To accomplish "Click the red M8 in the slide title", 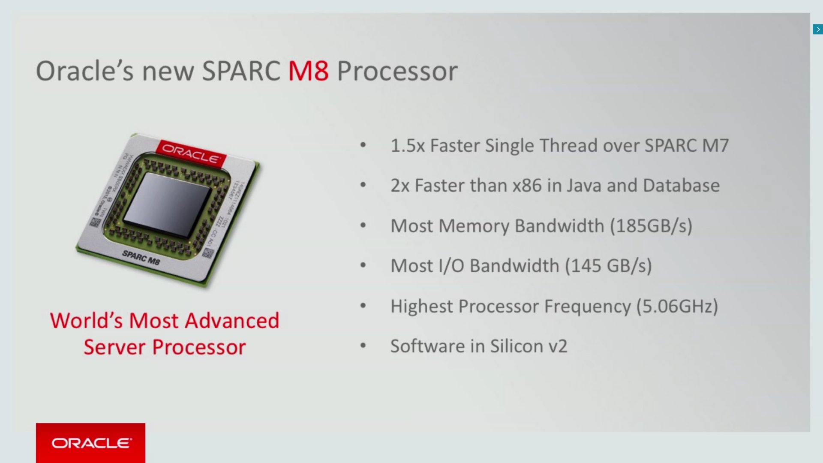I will tap(308, 71).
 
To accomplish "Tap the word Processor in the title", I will tap(397, 71).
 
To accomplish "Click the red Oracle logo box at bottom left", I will tap(90, 442).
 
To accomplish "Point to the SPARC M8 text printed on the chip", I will tap(141, 257).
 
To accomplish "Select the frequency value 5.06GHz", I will tap(677, 306).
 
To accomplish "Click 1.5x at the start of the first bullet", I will tap(407, 146).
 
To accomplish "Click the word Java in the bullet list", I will tap(583, 186).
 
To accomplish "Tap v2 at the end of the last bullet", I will tap(558, 346).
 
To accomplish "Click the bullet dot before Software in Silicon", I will tap(363, 345).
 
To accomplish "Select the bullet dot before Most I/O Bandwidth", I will tap(363, 265).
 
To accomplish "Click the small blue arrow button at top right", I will tap(817, 29).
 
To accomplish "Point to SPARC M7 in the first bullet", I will tap(686, 146).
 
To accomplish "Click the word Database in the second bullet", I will tap(681, 186).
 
